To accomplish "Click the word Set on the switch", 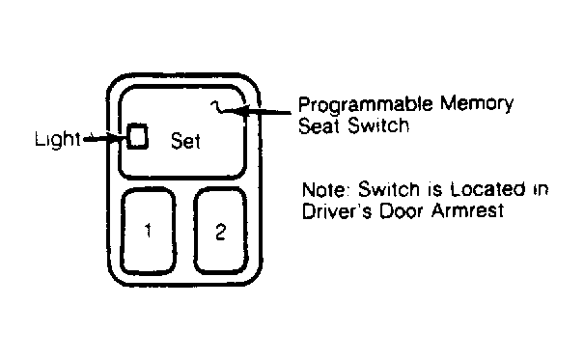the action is click(x=185, y=141).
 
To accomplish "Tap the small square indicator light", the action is click(x=137, y=137).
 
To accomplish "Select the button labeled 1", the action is click(x=149, y=232).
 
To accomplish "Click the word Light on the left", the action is click(x=57, y=139).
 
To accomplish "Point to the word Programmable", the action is click(x=366, y=105).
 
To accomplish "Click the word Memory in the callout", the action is click(x=477, y=104).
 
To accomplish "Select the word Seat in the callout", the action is click(x=320, y=125).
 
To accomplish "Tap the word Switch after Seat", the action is click(x=378, y=125).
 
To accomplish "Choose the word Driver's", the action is click(x=336, y=211).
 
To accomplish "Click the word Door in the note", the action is click(x=402, y=211).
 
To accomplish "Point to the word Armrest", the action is click(x=468, y=210).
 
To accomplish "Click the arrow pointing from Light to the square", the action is click(x=105, y=139).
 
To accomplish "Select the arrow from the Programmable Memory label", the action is click(x=262, y=111).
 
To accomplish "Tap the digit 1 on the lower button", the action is click(x=149, y=231).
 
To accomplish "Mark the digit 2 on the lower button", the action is click(x=220, y=232).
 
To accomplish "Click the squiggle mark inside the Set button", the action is click(x=218, y=107).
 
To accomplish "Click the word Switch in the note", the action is click(x=389, y=189).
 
